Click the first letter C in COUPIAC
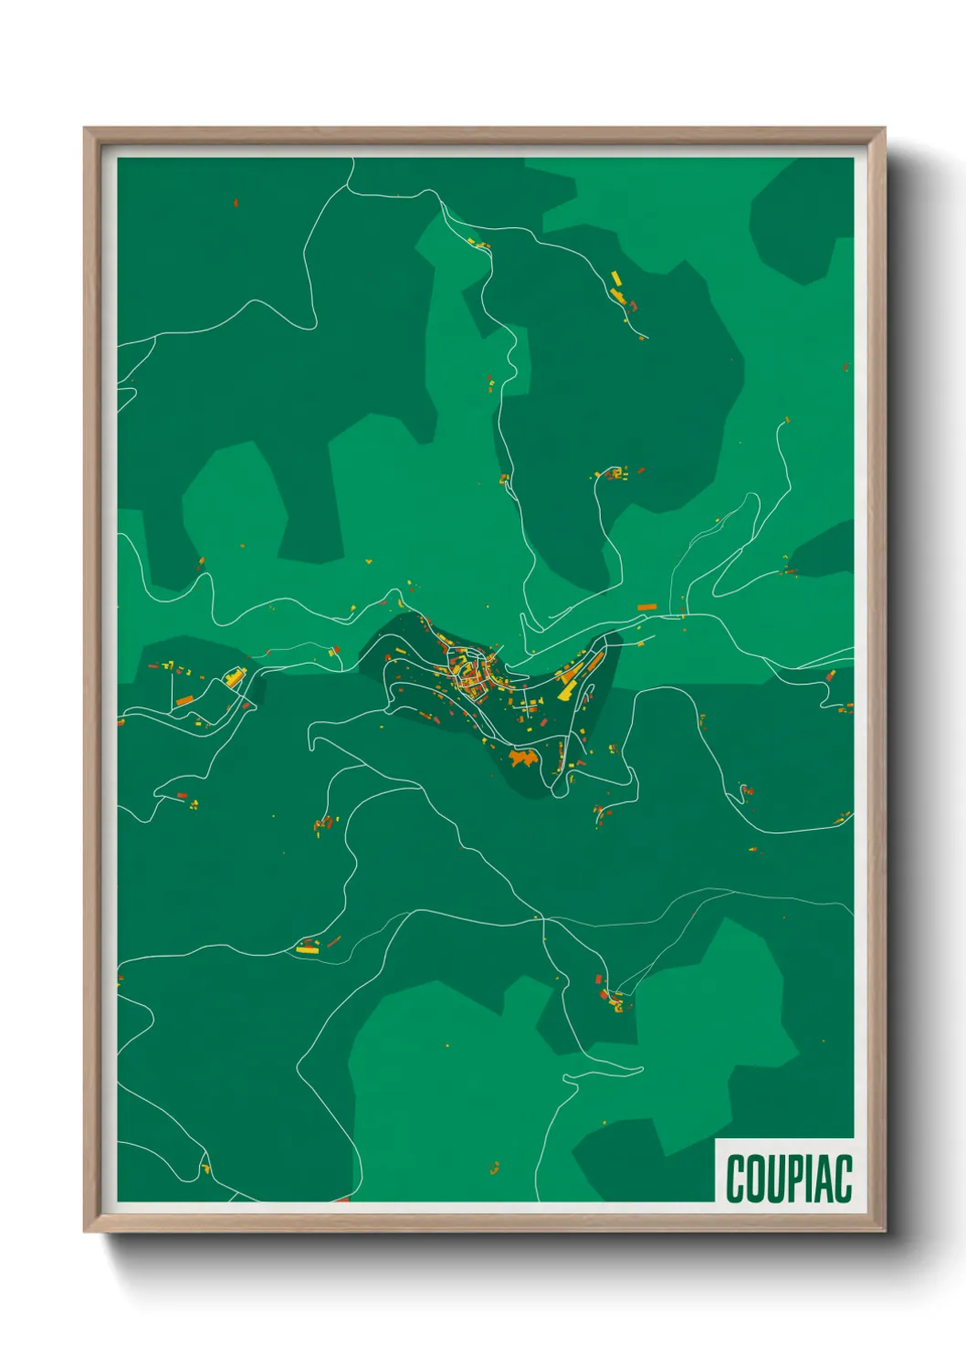(x=736, y=1178)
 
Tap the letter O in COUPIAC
(x=757, y=1178)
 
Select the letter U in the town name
(x=777, y=1178)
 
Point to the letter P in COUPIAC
(x=796, y=1178)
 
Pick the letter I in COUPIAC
(x=810, y=1178)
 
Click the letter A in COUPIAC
(x=824, y=1178)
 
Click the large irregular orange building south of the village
(x=523, y=757)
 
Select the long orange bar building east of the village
(x=647, y=606)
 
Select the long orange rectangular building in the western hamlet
(x=184, y=701)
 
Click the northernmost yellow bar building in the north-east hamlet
(x=615, y=278)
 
